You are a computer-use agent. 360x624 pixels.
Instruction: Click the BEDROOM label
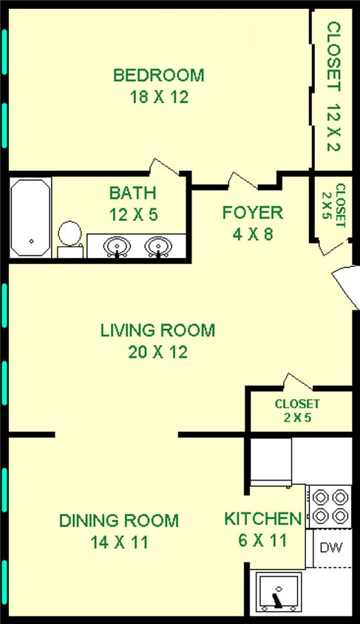coord(158,75)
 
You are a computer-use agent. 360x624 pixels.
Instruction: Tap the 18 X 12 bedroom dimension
coord(158,97)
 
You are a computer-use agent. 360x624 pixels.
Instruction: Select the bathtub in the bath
coord(30,217)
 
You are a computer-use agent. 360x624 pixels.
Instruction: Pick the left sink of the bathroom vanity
coord(116,245)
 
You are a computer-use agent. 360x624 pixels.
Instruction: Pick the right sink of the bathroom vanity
coord(157,245)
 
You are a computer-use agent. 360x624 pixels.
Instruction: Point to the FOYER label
coord(253,213)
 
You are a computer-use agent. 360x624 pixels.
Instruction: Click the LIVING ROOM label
coord(157,330)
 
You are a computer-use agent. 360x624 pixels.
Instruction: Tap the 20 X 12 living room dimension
coord(157,352)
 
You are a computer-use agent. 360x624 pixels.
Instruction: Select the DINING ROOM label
coord(118,520)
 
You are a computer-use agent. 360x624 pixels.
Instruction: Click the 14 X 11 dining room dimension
coord(118,543)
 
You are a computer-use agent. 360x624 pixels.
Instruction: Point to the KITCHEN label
coord(262,519)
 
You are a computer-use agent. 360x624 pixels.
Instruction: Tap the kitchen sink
coord(279,591)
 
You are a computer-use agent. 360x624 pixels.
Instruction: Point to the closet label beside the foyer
coord(340,205)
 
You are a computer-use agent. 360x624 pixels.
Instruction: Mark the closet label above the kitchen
coord(297,410)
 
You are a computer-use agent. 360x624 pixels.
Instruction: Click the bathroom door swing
coord(165,166)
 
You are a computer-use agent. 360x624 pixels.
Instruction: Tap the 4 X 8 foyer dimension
coord(253,235)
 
